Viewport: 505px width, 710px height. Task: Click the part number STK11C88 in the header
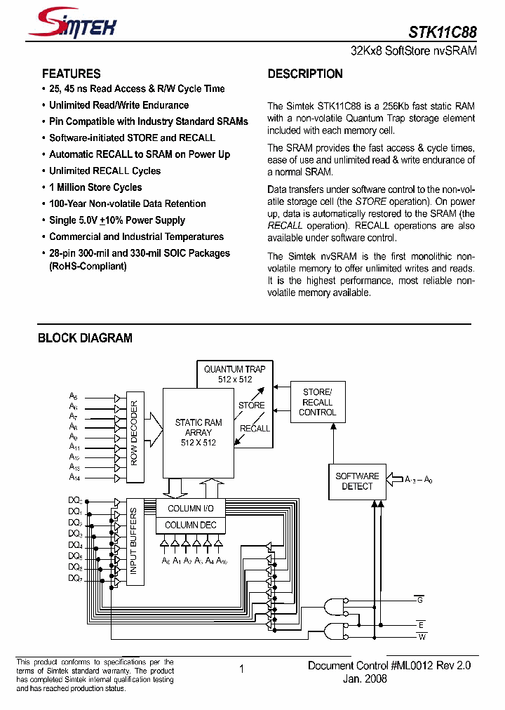(x=443, y=32)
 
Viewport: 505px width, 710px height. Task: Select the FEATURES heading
(x=71, y=74)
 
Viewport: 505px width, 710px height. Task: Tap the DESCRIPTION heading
(x=305, y=74)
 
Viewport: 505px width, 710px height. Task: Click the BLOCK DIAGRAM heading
(x=85, y=338)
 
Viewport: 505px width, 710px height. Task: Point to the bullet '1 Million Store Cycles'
(x=95, y=187)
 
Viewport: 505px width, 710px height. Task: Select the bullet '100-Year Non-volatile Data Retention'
(x=127, y=203)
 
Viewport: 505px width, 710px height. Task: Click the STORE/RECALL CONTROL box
(x=317, y=402)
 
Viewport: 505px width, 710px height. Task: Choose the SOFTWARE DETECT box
(x=357, y=481)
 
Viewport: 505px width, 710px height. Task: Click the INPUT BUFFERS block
(x=134, y=542)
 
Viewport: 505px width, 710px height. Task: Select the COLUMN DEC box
(x=191, y=525)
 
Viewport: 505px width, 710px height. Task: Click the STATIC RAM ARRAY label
(x=198, y=432)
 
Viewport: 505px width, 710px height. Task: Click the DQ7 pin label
(x=75, y=578)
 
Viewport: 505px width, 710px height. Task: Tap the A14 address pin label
(x=74, y=477)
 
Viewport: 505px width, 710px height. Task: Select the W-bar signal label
(x=421, y=637)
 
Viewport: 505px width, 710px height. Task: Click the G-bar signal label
(x=420, y=600)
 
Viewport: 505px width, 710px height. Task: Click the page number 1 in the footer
(x=241, y=669)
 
